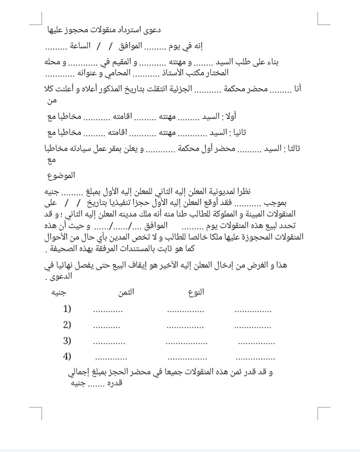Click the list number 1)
tap(67, 308)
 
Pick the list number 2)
tap(67, 324)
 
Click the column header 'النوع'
tap(196, 292)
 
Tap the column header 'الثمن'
tap(126, 292)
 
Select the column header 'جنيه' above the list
tap(58, 292)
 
